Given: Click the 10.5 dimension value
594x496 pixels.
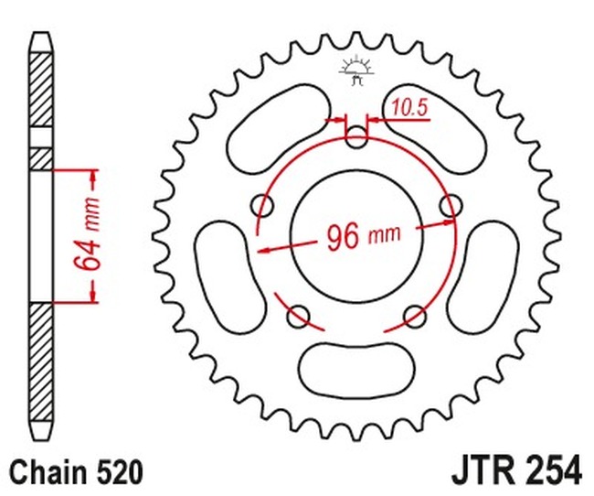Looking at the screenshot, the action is [x=409, y=107].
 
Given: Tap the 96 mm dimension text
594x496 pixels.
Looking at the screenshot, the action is [x=364, y=237].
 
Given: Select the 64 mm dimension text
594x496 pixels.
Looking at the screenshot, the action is [x=87, y=234].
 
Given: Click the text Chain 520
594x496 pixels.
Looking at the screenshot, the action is [x=77, y=472].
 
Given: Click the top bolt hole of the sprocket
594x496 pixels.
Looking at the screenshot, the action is [x=356, y=137].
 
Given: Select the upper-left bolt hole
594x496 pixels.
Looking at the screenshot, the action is [x=261, y=207].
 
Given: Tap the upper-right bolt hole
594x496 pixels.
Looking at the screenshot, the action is [x=451, y=207].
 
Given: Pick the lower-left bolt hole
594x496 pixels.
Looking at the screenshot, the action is [x=298, y=316].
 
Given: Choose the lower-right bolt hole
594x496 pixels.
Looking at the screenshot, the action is [x=415, y=316].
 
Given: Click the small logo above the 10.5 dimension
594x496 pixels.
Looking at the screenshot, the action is [x=356, y=71].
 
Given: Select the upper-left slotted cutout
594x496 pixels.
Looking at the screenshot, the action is [x=279, y=128].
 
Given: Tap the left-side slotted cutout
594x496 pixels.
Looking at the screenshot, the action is [x=230, y=278].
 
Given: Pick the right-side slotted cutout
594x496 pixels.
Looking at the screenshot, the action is [x=483, y=278].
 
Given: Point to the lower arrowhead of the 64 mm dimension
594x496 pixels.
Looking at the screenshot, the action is [x=93, y=295].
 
